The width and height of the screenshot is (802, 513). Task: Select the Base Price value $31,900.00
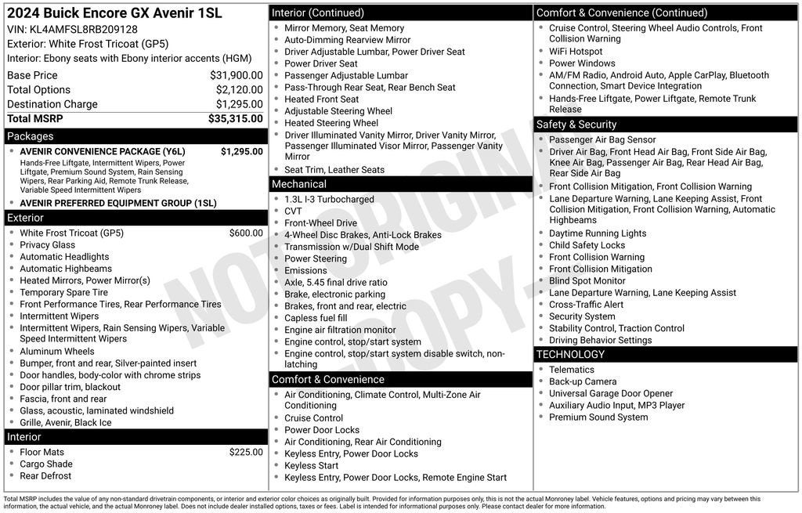(236, 75)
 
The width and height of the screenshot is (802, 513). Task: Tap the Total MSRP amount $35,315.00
(235, 118)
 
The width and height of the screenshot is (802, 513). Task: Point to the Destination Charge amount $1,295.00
(239, 104)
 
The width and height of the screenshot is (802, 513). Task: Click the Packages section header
(31, 136)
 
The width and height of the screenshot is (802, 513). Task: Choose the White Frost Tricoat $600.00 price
(246, 233)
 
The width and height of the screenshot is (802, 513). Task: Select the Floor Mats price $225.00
(246, 452)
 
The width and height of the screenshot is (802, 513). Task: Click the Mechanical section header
(299, 184)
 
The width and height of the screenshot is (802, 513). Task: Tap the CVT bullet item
(294, 211)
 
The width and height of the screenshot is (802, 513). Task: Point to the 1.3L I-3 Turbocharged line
(329, 200)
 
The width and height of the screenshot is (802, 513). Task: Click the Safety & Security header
(576, 125)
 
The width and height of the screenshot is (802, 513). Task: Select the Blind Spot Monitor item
(587, 280)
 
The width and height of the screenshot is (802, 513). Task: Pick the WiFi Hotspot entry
(576, 52)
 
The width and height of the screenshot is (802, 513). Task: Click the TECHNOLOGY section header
(570, 355)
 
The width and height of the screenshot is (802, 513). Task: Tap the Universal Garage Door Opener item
(611, 394)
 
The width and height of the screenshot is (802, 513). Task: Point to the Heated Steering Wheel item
(331, 123)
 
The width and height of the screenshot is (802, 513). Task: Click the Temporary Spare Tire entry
(64, 292)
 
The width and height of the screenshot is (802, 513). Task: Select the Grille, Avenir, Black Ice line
(66, 422)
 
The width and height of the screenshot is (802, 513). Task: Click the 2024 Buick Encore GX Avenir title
(114, 13)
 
